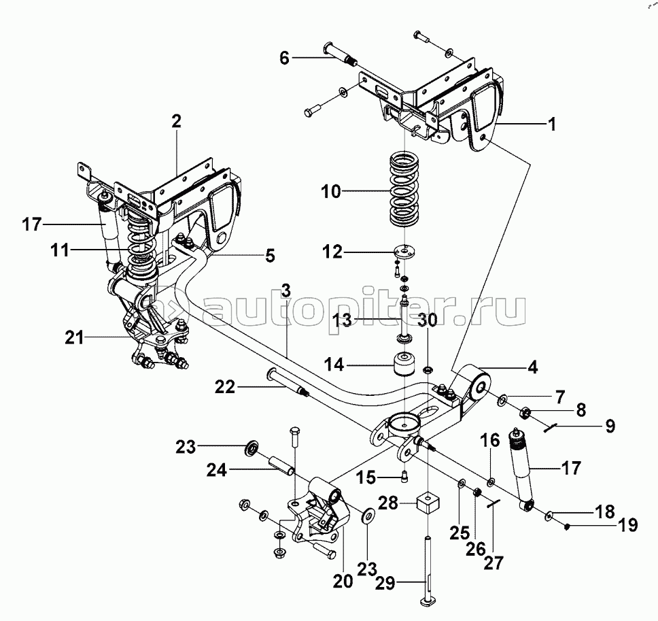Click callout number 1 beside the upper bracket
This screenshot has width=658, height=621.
click(x=553, y=124)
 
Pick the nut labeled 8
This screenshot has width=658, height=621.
click(x=525, y=412)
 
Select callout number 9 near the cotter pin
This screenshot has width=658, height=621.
click(x=609, y=426)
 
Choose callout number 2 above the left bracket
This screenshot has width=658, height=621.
click(x=176, y=122)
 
